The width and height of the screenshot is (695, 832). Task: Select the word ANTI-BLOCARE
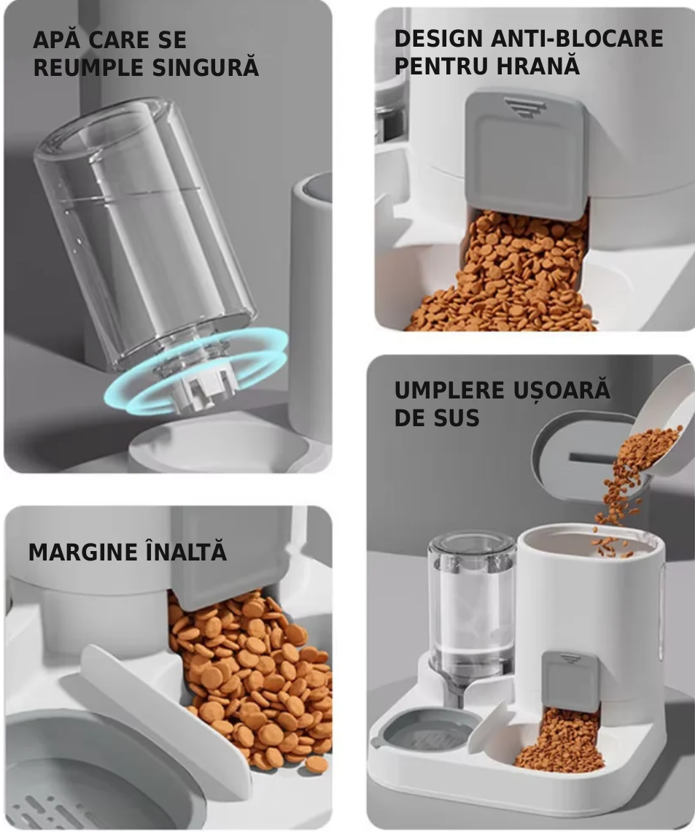tap(577, 39)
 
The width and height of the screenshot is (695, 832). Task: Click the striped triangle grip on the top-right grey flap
tap(525, 107)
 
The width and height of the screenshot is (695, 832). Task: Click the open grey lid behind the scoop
tap(572, 456)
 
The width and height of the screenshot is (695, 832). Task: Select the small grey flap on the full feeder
tap(570, 682)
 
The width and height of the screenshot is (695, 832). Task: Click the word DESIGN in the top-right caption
tap(439, 39)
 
